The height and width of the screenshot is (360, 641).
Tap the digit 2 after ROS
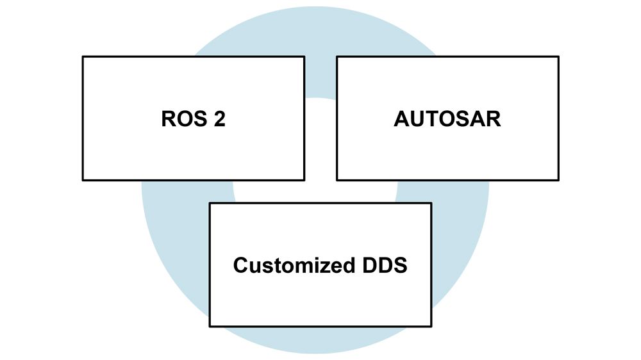pos(219,120)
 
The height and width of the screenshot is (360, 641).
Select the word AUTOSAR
pos(447,120)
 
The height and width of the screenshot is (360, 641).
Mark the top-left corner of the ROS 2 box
pos(83,56)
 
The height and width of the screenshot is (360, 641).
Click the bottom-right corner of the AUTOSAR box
pos(558,180)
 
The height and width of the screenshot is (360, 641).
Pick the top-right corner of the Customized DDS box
pos(431,203)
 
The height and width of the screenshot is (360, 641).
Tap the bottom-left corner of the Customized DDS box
pos(210,326)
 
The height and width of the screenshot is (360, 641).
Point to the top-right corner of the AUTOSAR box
pos(558,56)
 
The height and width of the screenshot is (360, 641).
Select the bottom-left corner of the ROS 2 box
pos(83,180)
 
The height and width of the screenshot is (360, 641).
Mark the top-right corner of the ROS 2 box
pos(304,56)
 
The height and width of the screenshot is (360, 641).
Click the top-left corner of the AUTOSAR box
pos(337,56)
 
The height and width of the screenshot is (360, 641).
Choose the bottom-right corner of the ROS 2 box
pos(304,180)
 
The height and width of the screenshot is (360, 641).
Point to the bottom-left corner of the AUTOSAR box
pos(337,180)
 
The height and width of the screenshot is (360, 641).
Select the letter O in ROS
pos(183,120)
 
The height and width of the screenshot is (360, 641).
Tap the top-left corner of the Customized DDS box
pos(210,203)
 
